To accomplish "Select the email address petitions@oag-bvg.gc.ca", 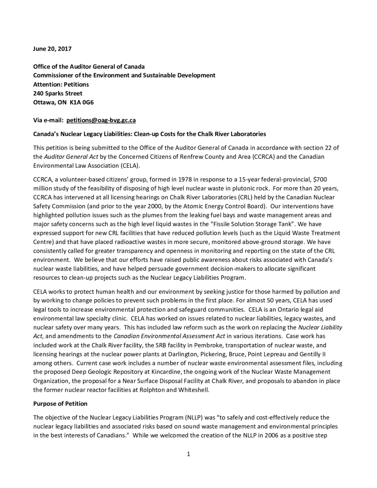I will pyautogui.click(x=101, y=121).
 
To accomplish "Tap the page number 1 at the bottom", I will pyautogui.click(x=189, y=454).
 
